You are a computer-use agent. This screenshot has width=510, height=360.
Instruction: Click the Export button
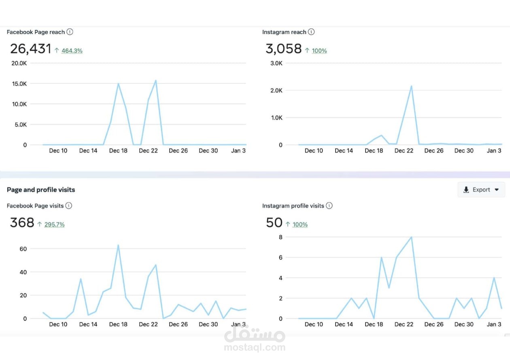[x=481, y=190]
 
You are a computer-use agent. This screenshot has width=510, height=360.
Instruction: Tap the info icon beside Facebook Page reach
[x=70, y=32]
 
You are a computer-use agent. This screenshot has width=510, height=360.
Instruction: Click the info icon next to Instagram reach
[x=311, y=32]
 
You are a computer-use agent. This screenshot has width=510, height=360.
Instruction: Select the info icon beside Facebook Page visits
[x=69, y=206]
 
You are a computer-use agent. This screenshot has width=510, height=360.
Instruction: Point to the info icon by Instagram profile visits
[x=329, y=206]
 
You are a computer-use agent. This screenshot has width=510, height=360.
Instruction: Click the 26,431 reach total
[x=30, y=49]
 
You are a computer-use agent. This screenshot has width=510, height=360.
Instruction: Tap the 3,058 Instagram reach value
[x=283, y=49]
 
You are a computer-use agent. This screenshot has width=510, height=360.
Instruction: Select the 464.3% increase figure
[x=72, y=51]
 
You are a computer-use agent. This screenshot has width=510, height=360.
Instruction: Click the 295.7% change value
[x=54, y=224]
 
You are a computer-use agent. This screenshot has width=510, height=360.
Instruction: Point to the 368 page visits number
[x=22, y=223]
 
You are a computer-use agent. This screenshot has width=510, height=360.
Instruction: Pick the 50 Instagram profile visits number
[x=274, y=223]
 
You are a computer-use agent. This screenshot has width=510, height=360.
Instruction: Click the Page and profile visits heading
[x=41, y=190]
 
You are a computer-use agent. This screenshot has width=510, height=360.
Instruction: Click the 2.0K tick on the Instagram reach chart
[x=276, y=90]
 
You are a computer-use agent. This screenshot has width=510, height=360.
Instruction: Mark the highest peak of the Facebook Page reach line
[x=156, y=80]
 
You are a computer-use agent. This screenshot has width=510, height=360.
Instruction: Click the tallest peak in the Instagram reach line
[x=411, y=86]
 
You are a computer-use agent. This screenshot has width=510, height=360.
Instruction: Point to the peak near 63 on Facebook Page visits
[x=118, y=245]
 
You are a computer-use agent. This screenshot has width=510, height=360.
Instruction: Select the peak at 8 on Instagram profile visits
[x=411, y=237]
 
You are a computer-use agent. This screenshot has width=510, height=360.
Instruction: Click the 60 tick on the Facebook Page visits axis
[x=23, y=249]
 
